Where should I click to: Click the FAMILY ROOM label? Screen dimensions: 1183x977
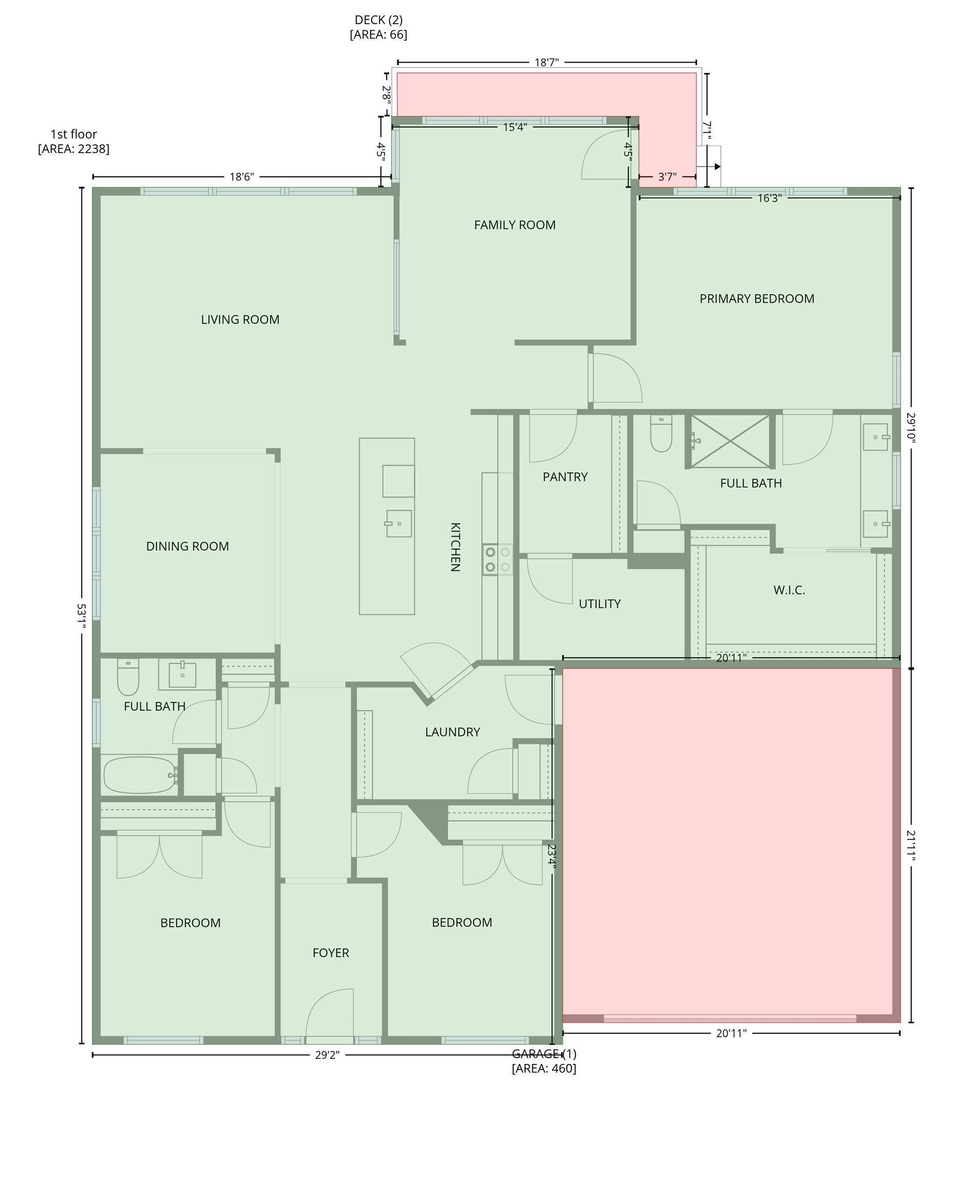514,225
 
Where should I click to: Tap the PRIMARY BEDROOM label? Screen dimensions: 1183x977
756,299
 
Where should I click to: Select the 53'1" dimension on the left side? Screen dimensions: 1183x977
81,616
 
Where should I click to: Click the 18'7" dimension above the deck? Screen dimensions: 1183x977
546,63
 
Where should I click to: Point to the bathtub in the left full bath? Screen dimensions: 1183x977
139,775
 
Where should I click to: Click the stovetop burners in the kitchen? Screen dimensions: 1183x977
497,560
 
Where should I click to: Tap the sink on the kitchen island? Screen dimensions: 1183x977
398,523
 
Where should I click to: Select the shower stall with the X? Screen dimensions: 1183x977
730,441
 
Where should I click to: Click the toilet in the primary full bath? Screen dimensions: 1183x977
661,434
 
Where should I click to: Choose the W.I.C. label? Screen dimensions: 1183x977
789,590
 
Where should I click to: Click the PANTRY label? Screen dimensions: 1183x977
565,477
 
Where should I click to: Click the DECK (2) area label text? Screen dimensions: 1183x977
378,27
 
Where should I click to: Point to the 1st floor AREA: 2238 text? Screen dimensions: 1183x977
74,142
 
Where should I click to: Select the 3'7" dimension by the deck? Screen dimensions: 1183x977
667,177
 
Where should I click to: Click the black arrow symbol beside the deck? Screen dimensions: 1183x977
717,166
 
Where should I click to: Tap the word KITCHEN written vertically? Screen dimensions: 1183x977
455,547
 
